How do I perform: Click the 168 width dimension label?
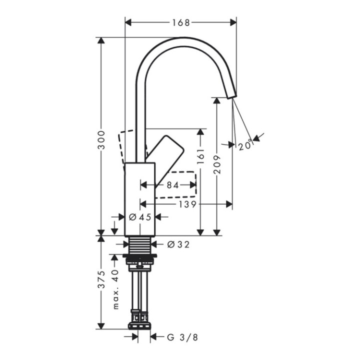[180, 22]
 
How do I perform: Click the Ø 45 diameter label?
[139, 217]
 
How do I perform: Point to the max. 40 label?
[116, 289]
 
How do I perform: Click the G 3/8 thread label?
[182, 337]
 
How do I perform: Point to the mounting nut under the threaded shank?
[140, 258]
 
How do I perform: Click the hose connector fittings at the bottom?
[140, 318]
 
